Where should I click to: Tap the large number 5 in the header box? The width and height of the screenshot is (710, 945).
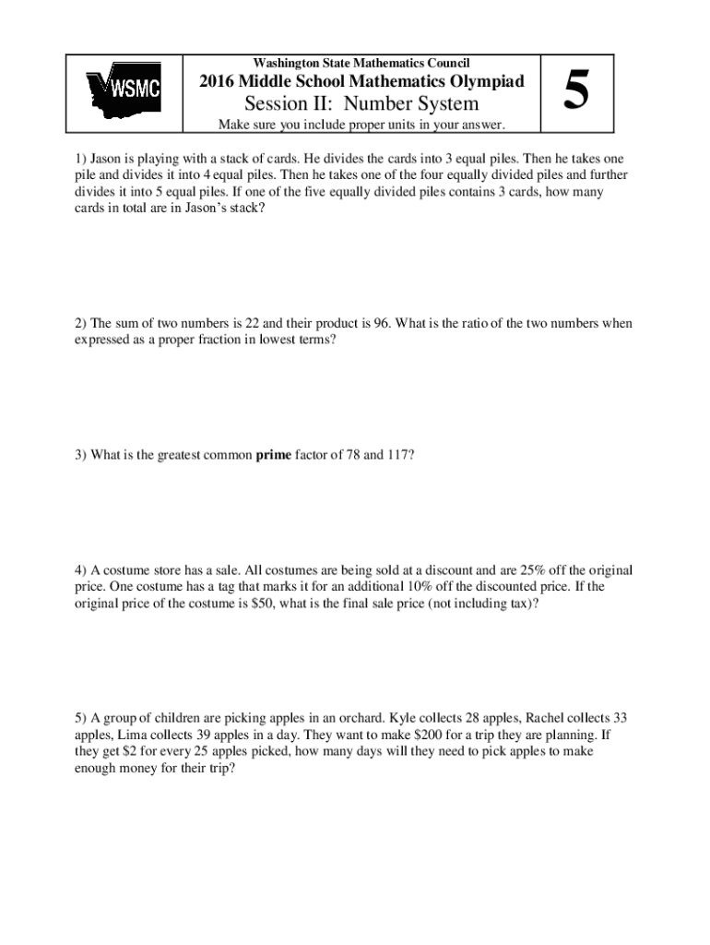pos(576,90)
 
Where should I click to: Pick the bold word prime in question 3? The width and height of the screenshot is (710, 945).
pos(273,454)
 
